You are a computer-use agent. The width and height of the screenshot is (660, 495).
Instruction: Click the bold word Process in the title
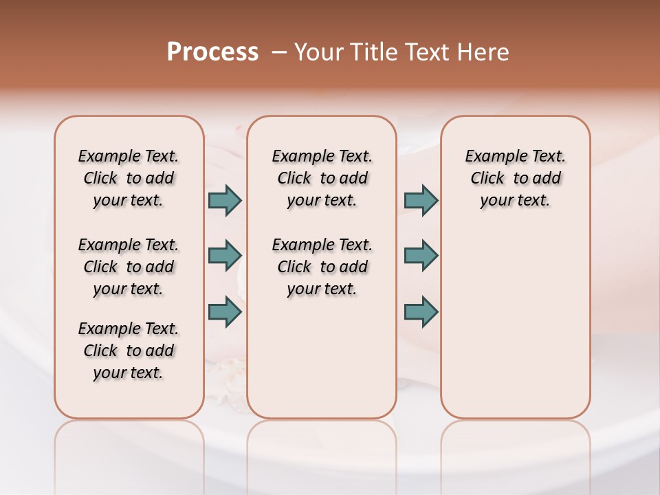[x=212, y=52]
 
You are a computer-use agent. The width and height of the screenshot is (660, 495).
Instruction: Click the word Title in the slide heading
[x=373, y=52]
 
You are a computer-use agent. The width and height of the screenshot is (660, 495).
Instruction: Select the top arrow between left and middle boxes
[x=225, y=200]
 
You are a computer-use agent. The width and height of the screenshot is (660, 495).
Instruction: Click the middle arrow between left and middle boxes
[x=225, y=256]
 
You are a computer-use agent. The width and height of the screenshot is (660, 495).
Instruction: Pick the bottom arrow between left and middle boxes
[x=225, y=311]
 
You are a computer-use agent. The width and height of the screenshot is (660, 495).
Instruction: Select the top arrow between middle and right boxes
[x=421, y=200]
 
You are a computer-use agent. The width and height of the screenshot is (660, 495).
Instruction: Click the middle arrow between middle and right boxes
[x=421, y=256]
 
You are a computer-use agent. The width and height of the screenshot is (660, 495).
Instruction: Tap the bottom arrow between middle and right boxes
[x=421, y=311]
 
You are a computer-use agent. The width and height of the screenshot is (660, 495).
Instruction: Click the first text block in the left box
[x=129, y=178]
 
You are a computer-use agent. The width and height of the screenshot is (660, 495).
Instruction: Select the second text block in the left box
[x=129, y=267]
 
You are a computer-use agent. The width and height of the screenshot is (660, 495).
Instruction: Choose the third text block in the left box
[x=129, y=351]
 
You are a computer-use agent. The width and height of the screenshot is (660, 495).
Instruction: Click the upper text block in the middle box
[x=322, y=178]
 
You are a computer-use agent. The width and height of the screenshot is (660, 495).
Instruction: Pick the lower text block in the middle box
[x=322, y=267]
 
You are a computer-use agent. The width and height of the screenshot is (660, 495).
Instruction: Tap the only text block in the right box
[x=516, y=178]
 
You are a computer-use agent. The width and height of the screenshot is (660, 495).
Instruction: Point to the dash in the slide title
[x=279, y=52]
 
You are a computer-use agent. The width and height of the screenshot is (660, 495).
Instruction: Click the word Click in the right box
[x=487, y=179]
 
